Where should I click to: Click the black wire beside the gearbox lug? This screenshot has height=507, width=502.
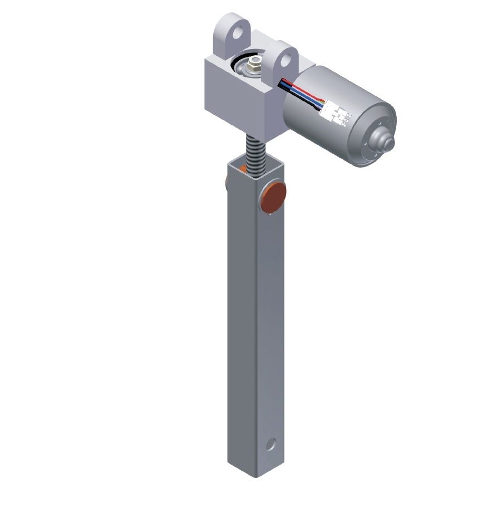coord(283,82)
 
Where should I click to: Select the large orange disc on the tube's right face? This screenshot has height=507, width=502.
coord(274,197)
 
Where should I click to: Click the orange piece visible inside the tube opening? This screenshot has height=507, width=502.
coord(243,168)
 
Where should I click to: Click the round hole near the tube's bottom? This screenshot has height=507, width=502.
coord(270,445)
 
